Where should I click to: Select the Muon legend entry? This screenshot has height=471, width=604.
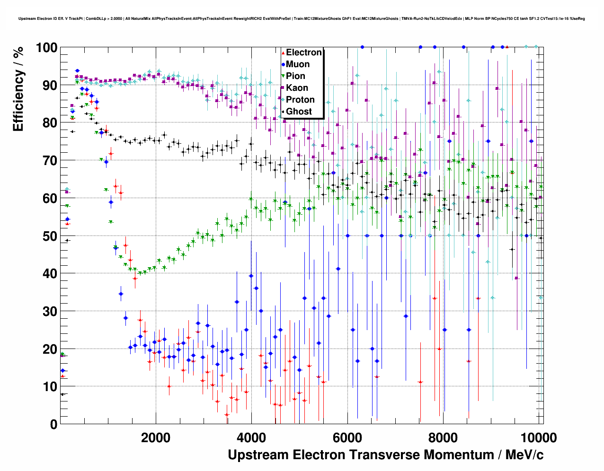click(x=298, y=64)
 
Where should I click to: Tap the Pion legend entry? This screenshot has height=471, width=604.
click(x=295, y=76)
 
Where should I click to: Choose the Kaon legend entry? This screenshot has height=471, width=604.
click(x=297, y=88)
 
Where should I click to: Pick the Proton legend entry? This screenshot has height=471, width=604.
click(x=300, y=100)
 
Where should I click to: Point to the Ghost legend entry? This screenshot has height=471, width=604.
click(x=299, y=112)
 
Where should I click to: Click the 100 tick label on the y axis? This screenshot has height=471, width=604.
click(x=46, y=48)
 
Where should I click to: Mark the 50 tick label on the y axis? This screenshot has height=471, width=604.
click(x=50, y=236)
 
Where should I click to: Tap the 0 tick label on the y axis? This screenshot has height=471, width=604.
click(x=53, y=424)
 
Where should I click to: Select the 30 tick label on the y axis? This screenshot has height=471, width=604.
click(x=50, y=311)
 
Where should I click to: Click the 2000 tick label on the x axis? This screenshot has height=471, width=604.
click(x=156, y=437)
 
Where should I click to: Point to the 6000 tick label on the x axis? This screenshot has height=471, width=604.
click(x=347, y=437)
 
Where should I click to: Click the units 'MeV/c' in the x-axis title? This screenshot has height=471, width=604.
click(x=524, y=455)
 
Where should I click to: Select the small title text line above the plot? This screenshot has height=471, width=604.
click(x=302, y=19)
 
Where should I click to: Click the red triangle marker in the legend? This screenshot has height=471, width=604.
click(x=283, y=52)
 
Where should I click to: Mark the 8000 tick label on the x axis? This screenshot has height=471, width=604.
click(x=443, y=437)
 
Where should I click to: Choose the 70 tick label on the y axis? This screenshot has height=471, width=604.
click(x=50, y=161)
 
